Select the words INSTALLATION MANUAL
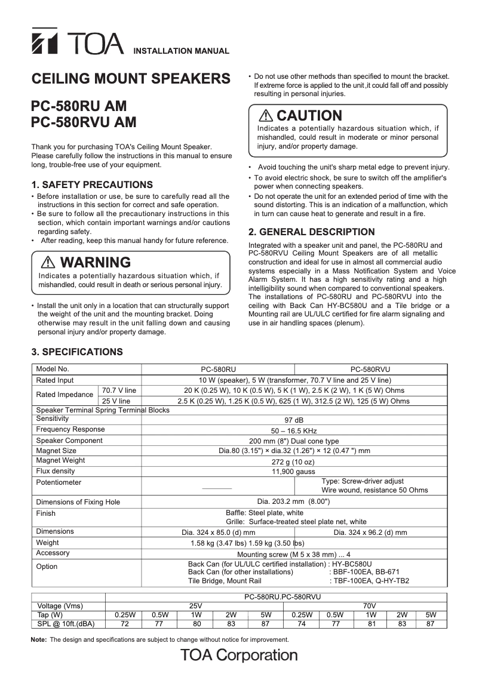(180, 51)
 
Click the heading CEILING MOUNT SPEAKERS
(130, 79)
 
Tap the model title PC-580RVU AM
(83, 122)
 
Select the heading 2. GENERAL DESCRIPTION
(311, 232)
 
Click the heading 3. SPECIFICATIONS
(77, 352)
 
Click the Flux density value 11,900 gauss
(293, 471)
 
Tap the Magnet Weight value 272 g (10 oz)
(293, 461)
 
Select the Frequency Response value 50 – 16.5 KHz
(293, 430)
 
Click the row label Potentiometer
(59, 482)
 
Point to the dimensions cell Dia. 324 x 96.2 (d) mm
(370, 532)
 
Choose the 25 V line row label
(116, 401)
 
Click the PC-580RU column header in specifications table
(218, 370)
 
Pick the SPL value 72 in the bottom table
(125, 624)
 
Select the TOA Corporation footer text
(240, 656)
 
